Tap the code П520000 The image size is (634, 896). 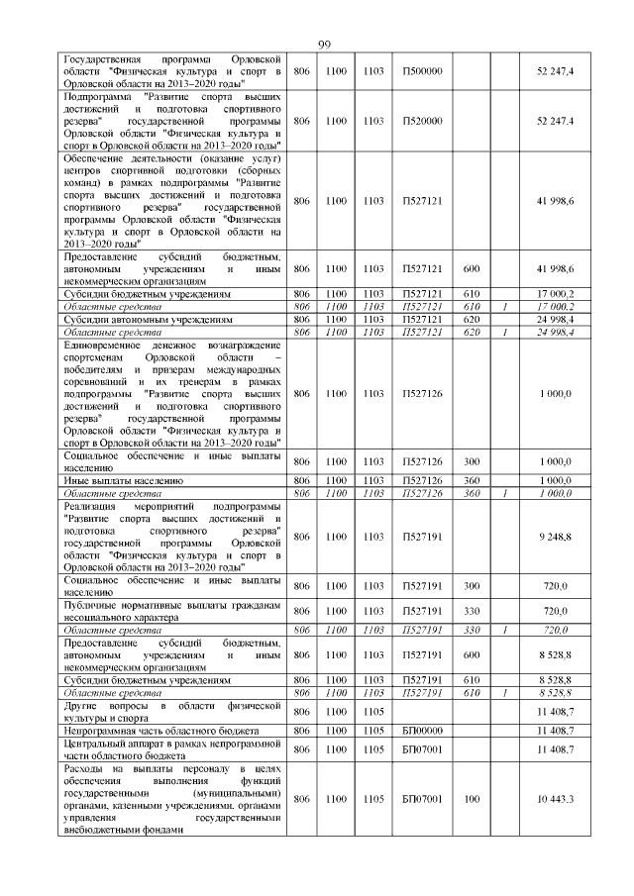coord(422,121)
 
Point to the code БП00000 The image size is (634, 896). coord(422,730)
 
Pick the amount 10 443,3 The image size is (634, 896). coord(555,798)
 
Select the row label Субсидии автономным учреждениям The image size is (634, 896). coord(148,321)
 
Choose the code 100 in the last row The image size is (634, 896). coord(472,798)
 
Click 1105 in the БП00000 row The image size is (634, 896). coord(373,730)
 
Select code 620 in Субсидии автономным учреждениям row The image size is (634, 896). coord(472,321)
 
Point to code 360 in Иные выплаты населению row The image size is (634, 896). coord(472,480)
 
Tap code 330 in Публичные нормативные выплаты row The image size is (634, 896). coord(472,611)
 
